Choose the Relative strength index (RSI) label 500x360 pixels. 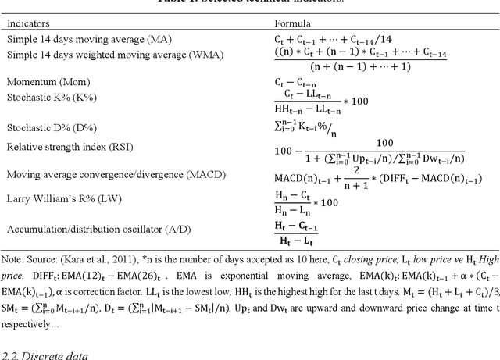tap(70, 147)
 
